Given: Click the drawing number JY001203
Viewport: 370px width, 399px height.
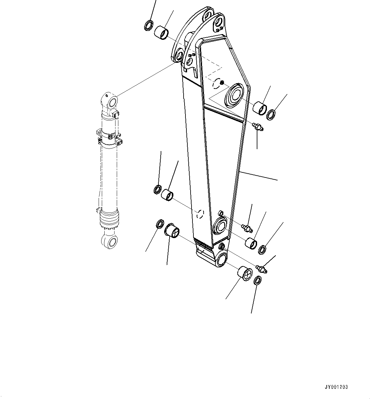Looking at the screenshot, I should [336, 387].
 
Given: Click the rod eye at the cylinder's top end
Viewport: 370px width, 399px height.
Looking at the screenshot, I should [111, 101].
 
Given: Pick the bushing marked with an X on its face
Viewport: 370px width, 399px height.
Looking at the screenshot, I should [245, 273].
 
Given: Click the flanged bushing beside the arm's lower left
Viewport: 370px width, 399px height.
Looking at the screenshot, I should [172, 230].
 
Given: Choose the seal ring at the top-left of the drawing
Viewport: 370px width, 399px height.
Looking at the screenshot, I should [149, 25].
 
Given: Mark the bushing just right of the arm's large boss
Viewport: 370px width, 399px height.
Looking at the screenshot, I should [260, 108].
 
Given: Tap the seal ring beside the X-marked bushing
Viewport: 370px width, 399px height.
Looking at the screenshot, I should [258, 281].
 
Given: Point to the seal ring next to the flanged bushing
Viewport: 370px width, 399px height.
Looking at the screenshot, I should [160, 224].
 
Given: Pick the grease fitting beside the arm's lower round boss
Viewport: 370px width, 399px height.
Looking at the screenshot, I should [247, 228].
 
